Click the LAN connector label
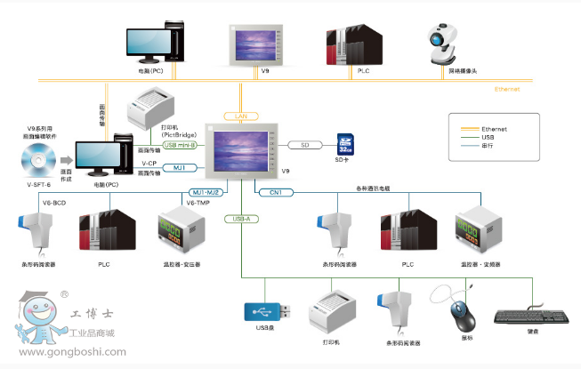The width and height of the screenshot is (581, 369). [x=241, y=116]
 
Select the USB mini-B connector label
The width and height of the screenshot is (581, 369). [x=186, y=145]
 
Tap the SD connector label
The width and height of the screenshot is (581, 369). [x=304, y=145]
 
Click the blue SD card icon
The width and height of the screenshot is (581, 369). [x=345, y=146]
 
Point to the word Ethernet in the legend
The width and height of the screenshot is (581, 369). [x=493, y=129]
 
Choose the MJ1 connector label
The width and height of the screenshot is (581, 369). [x=179, y=167]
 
